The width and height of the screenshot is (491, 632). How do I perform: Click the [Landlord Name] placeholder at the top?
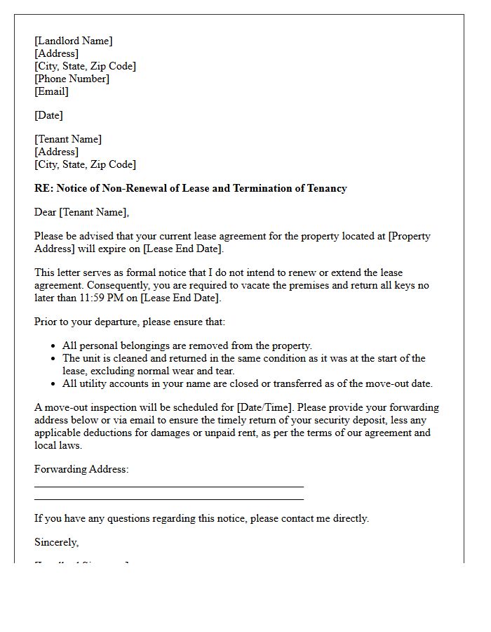(x=73, y=41)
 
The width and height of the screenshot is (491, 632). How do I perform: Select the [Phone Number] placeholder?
(x=72, y=79)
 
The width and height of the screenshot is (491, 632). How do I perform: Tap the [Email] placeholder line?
(x=51, y=91)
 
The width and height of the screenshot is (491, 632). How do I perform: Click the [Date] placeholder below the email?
(x=48, y=115)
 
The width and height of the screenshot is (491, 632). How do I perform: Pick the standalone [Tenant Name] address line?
(x=68, y=139)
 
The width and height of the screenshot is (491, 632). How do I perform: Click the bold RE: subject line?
(x=190, y=188)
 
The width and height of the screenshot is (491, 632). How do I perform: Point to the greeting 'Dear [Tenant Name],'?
(x=82, y=212)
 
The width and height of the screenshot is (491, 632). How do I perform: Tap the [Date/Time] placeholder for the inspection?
(x=267, y=407)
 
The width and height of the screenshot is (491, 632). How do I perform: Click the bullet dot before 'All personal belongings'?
(x=54, y=346)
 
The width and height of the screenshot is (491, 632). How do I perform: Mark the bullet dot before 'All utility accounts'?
(x=54, y=384)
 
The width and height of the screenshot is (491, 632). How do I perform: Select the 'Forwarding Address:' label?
(x=81, y=469)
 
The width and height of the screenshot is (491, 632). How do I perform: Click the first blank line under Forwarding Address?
(x=168, y=486)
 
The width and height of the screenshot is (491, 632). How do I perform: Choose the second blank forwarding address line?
(x=168, y=499)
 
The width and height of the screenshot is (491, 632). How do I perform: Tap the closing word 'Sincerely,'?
(x=57, y=542)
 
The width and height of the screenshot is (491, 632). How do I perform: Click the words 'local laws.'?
(x=58, y=445)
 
